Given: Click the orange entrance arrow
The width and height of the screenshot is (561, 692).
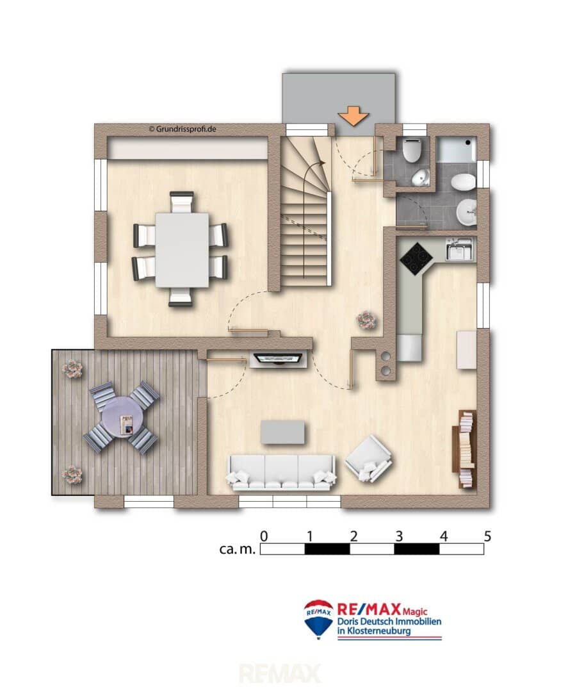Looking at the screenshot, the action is (354, 116).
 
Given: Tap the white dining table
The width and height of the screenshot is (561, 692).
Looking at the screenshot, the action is (182, 251).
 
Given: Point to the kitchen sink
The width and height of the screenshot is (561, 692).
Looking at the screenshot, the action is (459, 249).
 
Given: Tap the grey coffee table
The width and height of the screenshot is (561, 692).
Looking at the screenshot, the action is (282, 432).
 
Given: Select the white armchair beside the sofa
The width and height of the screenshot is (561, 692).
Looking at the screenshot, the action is (369, 459).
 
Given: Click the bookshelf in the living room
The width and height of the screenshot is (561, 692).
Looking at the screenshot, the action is (464, 449).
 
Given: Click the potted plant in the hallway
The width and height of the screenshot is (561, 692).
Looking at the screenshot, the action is (366, 320).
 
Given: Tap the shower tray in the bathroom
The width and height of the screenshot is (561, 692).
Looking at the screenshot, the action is (456, 149).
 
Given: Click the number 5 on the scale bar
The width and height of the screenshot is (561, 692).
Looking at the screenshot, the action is (487, 536).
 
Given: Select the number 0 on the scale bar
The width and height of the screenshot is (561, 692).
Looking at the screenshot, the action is (264, 536).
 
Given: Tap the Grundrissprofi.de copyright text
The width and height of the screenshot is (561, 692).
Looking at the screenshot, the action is (182, 129).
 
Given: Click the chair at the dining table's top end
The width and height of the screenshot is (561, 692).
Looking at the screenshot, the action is (182, 202).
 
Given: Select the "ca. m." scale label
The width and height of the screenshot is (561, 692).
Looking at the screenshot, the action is (238, 549).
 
